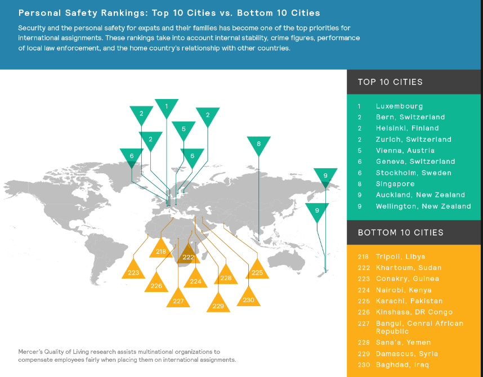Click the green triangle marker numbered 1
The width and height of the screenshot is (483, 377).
[166, 106]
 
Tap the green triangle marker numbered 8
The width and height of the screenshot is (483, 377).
[259, 144]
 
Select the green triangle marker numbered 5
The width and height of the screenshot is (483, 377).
[184, 129]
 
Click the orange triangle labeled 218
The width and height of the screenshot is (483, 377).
[161, 250]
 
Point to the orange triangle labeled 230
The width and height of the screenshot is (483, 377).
[249, 298]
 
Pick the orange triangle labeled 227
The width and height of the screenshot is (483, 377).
[178, 299]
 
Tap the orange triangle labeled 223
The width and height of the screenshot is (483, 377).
[133, 271]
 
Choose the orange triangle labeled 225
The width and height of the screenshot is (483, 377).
[257, 271]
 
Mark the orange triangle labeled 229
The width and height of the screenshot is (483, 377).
[218, 304]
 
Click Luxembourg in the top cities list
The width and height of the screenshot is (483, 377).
[399, 106]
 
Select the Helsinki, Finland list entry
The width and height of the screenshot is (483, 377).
[407, 128]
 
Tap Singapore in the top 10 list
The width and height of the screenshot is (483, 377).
[395, 184]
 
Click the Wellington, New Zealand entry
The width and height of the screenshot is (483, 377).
[423, 206]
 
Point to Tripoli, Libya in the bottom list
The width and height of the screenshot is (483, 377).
[400, 257]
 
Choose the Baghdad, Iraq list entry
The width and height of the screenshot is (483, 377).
[402, 365]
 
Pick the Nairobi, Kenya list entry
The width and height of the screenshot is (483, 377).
[404, 290]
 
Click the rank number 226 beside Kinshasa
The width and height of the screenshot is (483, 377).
[364, 312]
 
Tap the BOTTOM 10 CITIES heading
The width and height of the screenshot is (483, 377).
[400, 232]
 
